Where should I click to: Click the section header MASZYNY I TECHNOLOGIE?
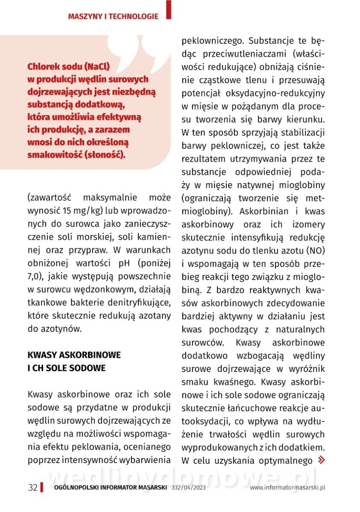coord(113,17)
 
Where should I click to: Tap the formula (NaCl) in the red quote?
coord(97,67)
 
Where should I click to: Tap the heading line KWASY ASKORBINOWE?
coord(74,355)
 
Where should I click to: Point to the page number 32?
coord(32,488)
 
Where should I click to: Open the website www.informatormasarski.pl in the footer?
coord(287,488)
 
